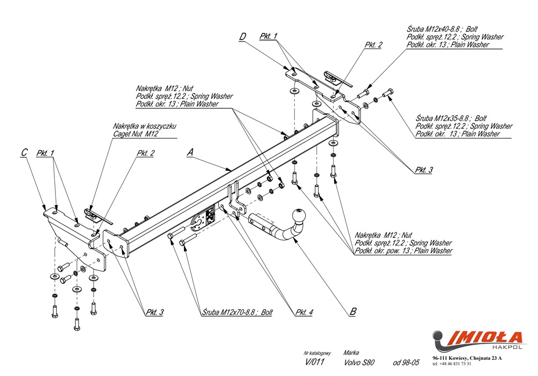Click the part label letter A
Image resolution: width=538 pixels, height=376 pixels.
(x=189, y=152)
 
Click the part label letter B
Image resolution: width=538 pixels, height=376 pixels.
(x=352, y=311)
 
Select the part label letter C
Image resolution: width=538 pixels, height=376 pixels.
(x=23, y=153)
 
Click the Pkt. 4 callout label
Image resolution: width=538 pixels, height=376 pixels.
(x=304, y=312)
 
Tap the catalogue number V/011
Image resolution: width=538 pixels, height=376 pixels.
(x=314, y=362)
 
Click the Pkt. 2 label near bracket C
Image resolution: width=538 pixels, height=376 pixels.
(x=145, y=154)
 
